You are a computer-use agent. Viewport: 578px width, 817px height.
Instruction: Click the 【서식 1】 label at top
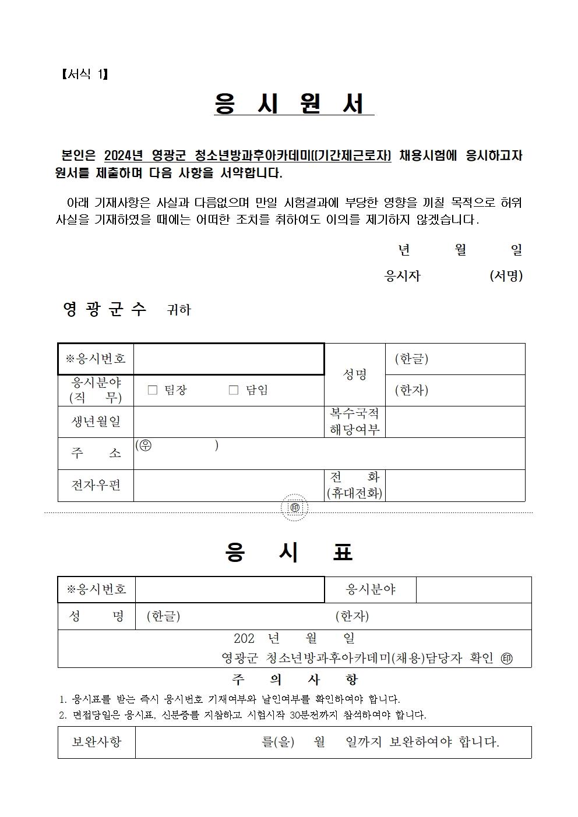pos(84,74)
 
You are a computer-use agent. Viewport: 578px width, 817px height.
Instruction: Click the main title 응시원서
pos(293,104)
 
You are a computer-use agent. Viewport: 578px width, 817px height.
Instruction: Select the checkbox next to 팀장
pos(153,390)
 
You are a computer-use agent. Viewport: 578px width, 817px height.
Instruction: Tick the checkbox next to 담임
pos(234,390)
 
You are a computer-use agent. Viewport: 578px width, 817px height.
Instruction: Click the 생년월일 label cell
pos(96,422)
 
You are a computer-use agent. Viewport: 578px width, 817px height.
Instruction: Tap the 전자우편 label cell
pos(96,485)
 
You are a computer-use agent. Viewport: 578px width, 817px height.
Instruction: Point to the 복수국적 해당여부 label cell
pos(354,422)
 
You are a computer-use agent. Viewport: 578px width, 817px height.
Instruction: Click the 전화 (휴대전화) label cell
pos(354,485)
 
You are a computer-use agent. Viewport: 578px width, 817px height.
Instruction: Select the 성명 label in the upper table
pos(354,374)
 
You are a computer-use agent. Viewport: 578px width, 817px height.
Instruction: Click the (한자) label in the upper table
pos(411,390)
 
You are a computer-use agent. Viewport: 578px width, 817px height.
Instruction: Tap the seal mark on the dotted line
pos(294,508)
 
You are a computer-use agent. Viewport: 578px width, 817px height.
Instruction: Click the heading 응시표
pos(289,552)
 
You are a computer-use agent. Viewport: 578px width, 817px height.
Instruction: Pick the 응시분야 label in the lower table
pos(371,589)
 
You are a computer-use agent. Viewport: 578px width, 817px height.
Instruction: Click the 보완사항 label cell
pos(97,742)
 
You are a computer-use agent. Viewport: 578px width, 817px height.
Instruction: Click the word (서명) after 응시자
pos(506,276)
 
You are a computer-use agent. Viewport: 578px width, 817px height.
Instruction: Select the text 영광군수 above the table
pos(105,309)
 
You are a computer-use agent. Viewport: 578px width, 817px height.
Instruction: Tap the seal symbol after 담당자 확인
pos(507,659)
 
